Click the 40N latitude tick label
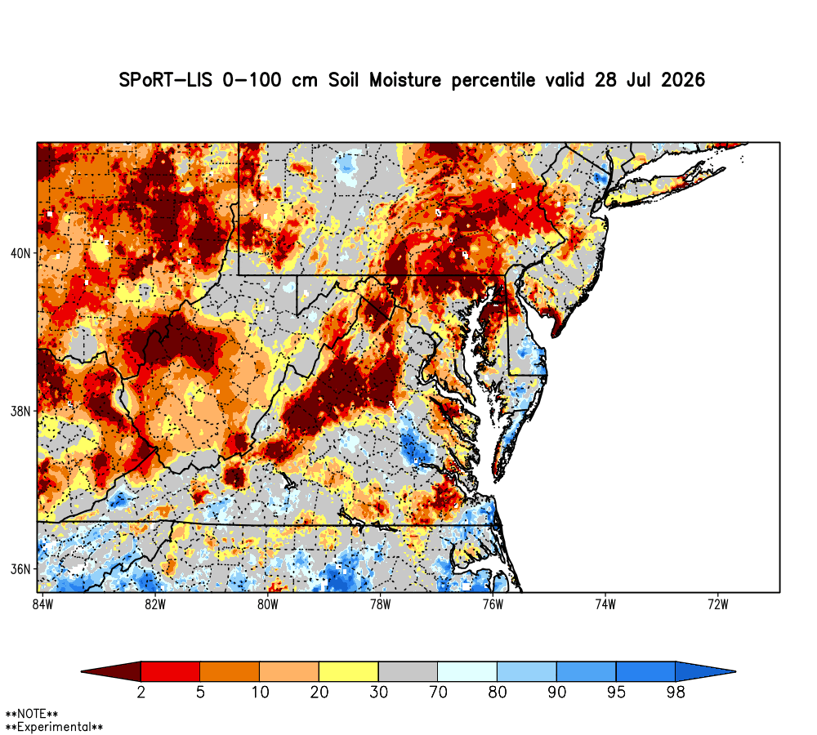click(20, 254)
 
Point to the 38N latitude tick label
click(20, 412)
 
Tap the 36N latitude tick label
click(20, 569)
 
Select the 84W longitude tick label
click(42, 604)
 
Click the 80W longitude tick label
click(268, 604)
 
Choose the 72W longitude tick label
click(718, 604)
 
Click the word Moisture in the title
click(405, 80)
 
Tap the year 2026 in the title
click(682, 80)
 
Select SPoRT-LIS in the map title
click(166, 80)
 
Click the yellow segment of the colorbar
click(349, 671)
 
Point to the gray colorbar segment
click(408, 671)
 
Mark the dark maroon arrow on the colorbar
click(111, 671)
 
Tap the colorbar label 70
click(438, 693)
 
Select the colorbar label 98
click(676, 693)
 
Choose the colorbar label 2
click(141, 693)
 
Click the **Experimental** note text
click(54, 727)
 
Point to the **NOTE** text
click(32, 714)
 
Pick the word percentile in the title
click(493, 81)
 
